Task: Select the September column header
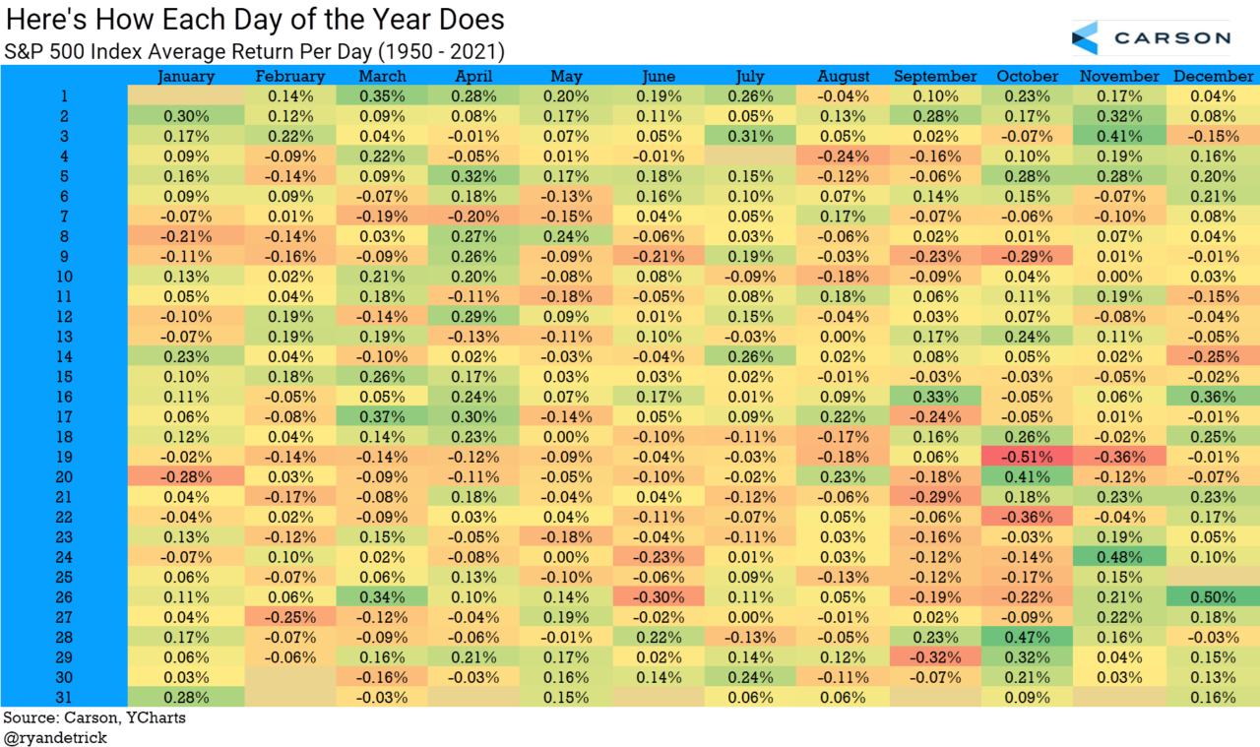935,76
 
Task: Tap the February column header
289,76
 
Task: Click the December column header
1213,76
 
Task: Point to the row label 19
63,457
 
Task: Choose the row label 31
63,698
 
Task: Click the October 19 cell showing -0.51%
1028,457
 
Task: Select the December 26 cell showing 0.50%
1213,597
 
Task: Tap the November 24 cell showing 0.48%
1119,557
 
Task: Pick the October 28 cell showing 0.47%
1028,638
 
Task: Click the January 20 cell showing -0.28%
186,477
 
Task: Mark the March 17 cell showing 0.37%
382,416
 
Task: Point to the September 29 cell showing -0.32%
935,657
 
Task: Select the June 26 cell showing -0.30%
659,597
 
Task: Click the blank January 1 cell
186,95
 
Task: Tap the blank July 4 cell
751,156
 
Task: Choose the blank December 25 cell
1213,578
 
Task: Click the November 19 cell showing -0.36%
1119,457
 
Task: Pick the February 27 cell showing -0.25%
289,617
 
